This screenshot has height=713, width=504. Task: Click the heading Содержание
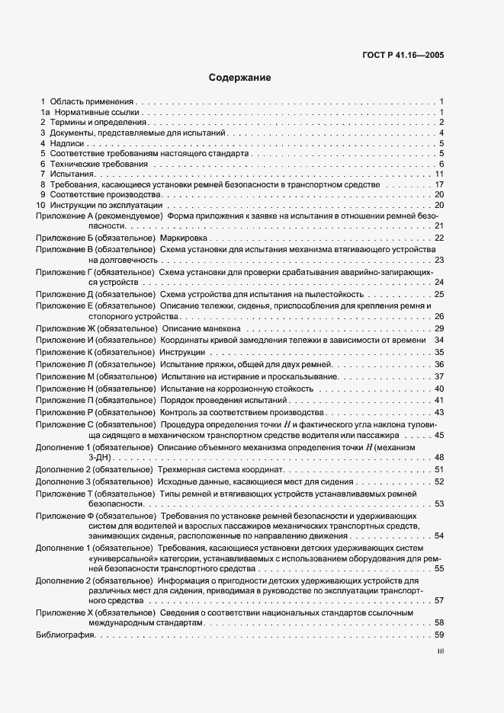239,78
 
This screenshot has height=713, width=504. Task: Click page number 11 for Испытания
439,174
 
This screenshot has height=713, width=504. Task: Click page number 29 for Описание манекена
439,328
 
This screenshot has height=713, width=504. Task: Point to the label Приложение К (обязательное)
95,353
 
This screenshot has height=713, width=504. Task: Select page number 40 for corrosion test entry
439,388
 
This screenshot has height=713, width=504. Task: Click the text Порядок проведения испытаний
223,400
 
